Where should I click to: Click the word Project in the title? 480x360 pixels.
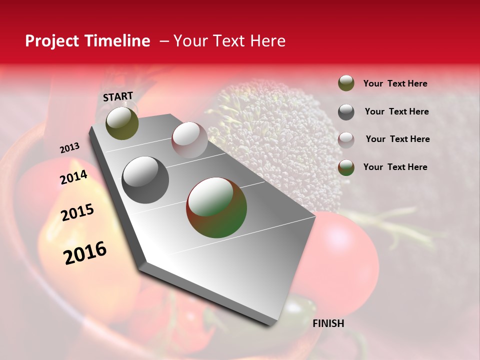point(52,41)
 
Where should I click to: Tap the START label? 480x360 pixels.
point(118,96)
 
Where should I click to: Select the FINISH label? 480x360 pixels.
point(328,323)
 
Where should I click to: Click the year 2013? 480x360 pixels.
point(69,148)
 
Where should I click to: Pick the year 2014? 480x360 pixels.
point(73,177)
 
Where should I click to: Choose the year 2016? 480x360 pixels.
point(85,253)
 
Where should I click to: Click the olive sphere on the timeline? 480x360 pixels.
point(122,123)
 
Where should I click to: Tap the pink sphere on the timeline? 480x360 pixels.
point(189,139)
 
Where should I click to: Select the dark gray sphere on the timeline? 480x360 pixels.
point(145,179)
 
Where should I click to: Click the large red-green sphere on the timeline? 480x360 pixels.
point(216,207)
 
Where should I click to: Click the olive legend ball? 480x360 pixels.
point(346,83)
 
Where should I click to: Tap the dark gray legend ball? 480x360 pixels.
point(346,112)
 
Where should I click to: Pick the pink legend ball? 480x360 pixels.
point(346,139)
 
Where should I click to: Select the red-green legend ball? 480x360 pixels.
point(346,167)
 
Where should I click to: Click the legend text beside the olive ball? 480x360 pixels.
point(395,83)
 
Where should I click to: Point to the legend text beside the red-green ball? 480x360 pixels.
point(395,167)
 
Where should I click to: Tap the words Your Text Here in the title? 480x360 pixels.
point(229,41)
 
